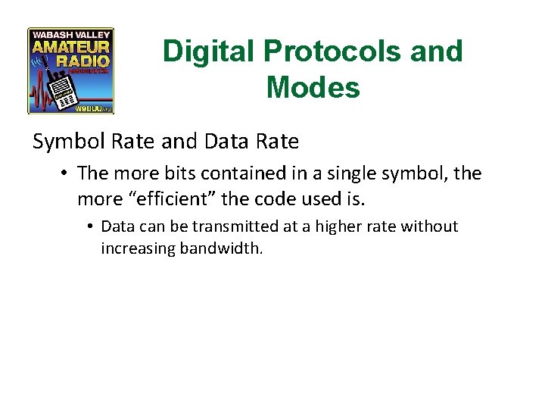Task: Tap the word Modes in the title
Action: (x=313, y=88)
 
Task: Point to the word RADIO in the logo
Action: (x=84, y=60)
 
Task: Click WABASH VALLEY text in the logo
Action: (x=70, y=34)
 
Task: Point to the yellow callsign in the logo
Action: (x=89, y=108)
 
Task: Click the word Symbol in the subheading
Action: (x=64, y=141)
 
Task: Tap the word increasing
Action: (x=138, y=248)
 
